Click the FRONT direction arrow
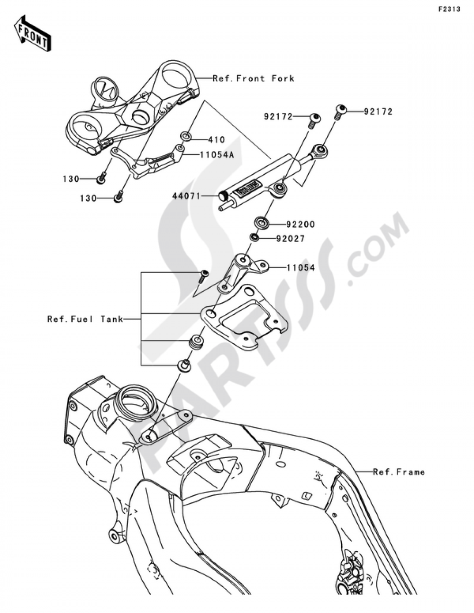[32, 34]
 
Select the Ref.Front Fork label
[254, 78]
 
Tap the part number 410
[216, 140]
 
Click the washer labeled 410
[186, 138]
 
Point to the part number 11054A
[217, 155]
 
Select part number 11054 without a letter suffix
[300, 267]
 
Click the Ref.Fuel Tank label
[85, 319]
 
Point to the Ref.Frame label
[399, 472]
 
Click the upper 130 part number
[71, 179]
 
